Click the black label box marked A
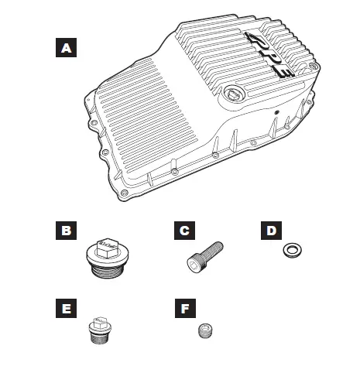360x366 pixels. pyautogui.click(x=67, y=49)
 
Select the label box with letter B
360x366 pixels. pyautogui.click(x=67, y=231)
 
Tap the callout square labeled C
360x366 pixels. pyautogui.click(x=183, y=231)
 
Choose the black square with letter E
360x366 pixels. pyautogui.click(x=67, y=309)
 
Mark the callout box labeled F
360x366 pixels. pyautogui.click(x=183, y=309)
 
